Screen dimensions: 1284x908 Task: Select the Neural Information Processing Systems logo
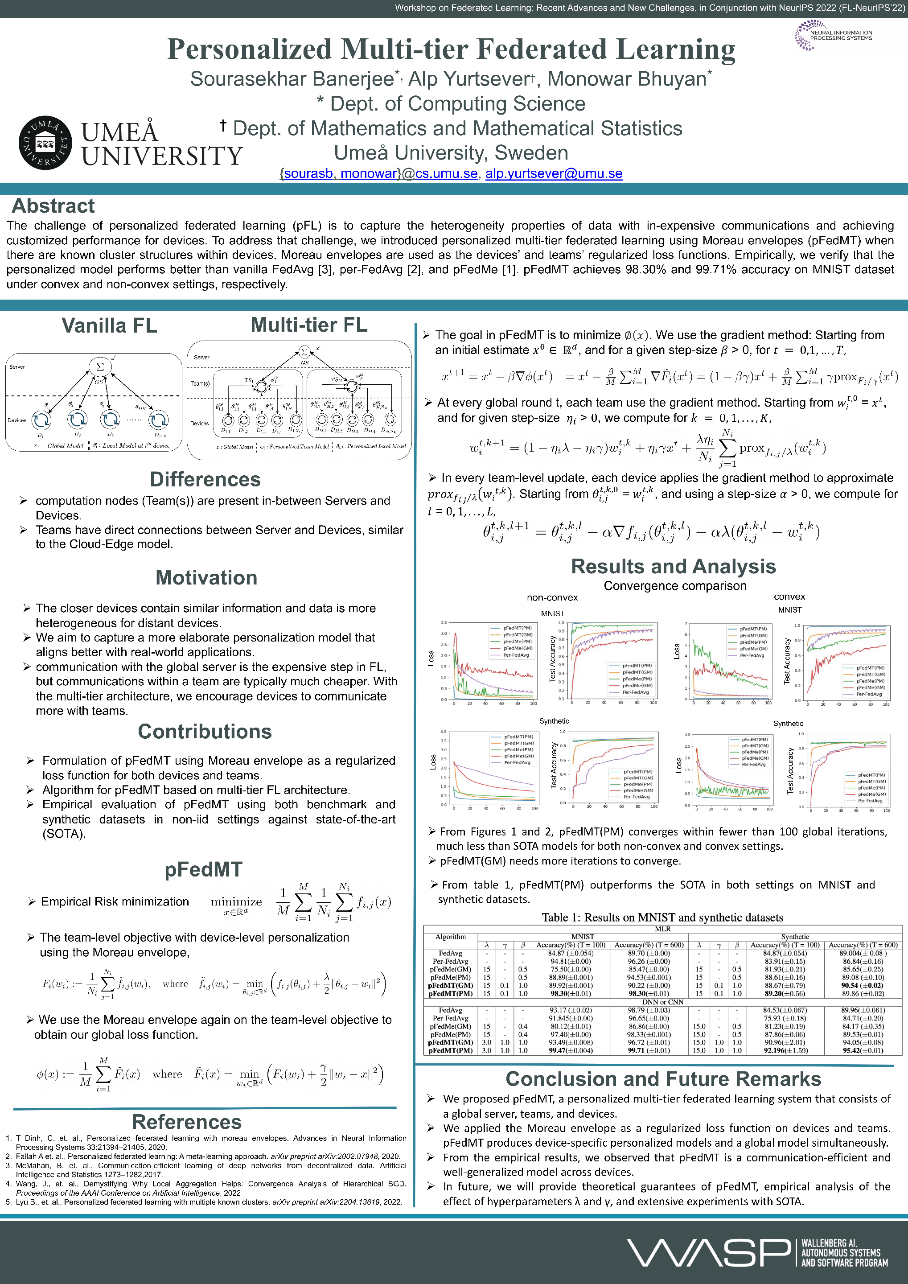pyautogui.click(x=833, y=35)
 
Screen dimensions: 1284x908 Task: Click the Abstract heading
pyautogui.click(x=53, y=206)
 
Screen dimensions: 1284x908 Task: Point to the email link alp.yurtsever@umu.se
pyautogui.click(x=554, y=173)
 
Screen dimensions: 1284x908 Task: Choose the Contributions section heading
pyautogui.click(x=205, y=732)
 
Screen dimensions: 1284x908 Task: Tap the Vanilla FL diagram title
pyautogui.click(x=109, y=325)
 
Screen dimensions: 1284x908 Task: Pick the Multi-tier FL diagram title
pyautogui.click(x=308, y=325)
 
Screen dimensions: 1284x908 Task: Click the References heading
pyautogui.click(x=187, y=1122)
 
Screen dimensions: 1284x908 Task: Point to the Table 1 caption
pyautogui.click(x=662, y=918)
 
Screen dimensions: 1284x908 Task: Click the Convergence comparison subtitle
pyautogui.click(x=675, y=585)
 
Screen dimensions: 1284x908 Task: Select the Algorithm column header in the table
pyautogui.click(x=451, y=937)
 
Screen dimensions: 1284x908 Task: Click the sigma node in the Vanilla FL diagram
pyautogui.click(x=100, y=367)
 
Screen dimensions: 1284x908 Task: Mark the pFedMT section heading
pyautogui.click(x=204, y=870)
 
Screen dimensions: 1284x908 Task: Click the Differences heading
pyautogui.click(x=205, y=479)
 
